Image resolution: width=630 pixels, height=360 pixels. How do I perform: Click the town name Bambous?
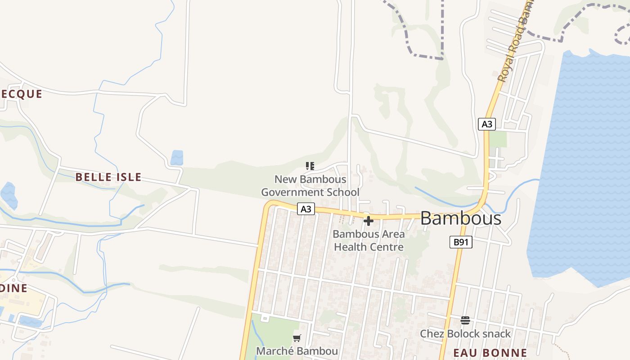460,219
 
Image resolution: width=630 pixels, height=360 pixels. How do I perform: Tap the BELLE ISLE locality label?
108,177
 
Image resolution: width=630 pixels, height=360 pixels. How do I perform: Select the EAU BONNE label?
490,353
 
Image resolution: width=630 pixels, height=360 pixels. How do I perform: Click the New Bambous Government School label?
310,186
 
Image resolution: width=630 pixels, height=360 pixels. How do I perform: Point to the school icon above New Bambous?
310,166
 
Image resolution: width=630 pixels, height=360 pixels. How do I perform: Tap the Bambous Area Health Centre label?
369,241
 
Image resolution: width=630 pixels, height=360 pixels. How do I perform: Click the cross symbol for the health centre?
369,221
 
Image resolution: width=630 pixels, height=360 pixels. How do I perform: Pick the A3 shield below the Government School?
306,209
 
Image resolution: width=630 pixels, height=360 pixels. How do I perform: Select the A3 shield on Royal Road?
486,124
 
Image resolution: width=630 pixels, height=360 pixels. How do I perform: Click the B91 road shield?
461,242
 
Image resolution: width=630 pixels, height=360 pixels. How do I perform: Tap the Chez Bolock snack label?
465,334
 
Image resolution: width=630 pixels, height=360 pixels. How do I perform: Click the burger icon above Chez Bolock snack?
465,320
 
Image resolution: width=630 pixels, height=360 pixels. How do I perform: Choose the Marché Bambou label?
297,351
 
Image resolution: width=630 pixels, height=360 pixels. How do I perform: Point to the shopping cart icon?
297,338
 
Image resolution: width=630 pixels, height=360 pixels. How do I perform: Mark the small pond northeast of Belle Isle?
177,157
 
